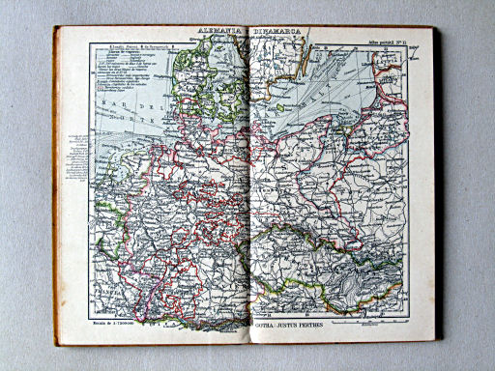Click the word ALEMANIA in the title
click(x=221, y=34)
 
